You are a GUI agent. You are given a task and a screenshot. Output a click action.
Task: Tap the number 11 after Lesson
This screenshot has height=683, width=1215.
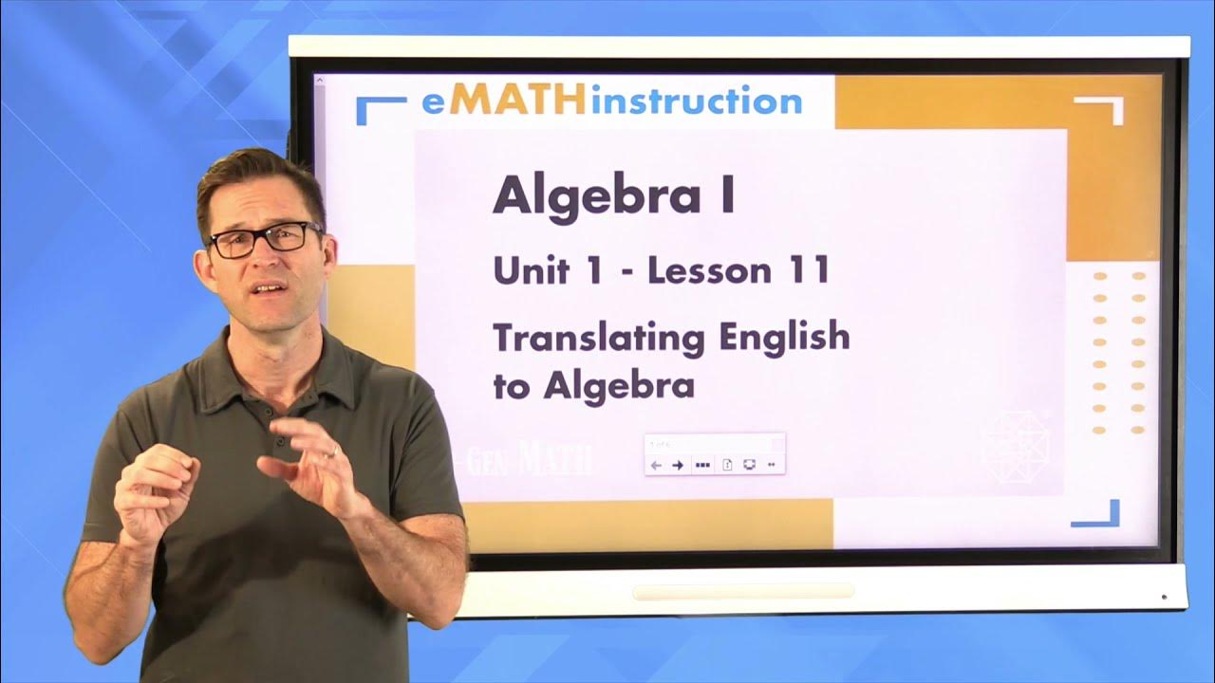tap(808, 271)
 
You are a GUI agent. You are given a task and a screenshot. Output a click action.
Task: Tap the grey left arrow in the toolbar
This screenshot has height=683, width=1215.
tap(656, 465)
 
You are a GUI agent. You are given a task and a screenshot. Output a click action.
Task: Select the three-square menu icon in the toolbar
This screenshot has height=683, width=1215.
tap(702, 465)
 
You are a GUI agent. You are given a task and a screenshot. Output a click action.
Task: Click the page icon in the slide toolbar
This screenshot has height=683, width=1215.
tap(727, 465)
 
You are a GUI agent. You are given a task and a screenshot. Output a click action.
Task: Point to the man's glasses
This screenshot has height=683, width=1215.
tap(265, 238)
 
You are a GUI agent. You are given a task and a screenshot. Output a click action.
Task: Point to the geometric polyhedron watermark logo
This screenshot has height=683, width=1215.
tap(1017, 446)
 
